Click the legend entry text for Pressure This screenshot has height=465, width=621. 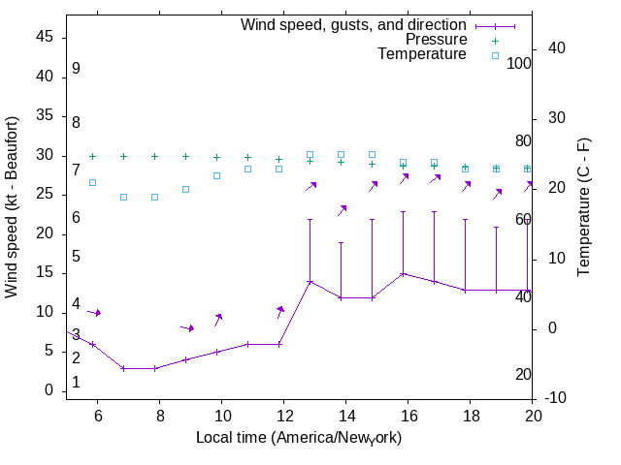(436, 40)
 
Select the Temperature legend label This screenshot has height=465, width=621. (422, 54)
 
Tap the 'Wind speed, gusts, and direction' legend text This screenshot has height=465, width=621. (354, 25)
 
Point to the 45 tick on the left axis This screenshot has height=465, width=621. (45, 37)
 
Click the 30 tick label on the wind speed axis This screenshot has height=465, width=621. (45, 155)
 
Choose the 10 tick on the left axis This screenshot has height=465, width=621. (45, 312)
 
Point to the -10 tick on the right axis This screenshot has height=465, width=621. (562, 398)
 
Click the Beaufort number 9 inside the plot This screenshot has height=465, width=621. (76, 70)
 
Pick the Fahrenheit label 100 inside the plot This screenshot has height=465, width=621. (519, 63)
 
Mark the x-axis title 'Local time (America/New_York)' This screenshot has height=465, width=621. (299, 438)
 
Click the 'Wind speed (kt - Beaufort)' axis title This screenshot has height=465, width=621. (13, 207)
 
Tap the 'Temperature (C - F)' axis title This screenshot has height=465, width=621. (584, 207)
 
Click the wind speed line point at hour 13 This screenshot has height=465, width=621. (310, 281)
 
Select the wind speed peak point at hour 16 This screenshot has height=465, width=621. (404, 273)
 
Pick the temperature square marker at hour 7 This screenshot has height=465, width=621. (124, 197)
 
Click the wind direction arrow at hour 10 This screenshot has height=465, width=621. (219, 319)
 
